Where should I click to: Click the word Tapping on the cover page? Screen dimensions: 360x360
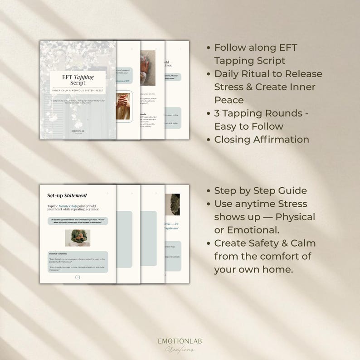84,78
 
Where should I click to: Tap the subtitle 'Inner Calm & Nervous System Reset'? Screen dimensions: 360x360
78,91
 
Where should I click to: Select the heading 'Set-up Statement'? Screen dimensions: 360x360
67,195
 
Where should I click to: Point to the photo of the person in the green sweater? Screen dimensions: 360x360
78,238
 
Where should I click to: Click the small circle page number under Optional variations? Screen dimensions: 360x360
78,277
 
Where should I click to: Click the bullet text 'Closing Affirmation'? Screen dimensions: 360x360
262,139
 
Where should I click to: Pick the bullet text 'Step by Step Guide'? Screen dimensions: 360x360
260,190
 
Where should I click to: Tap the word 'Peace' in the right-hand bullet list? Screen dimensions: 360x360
229,100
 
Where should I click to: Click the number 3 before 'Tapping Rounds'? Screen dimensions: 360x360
217,113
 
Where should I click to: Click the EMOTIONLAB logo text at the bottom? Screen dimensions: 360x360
180,341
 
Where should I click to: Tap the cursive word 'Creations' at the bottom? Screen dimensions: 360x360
180,349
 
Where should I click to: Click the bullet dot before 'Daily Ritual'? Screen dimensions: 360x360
209,74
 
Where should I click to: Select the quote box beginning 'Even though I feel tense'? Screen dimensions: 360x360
78,221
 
